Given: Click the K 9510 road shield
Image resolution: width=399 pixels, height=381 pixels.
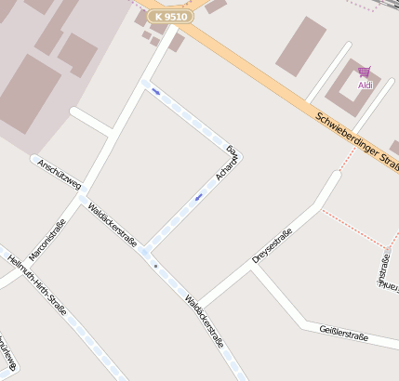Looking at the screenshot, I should tap(171, 17).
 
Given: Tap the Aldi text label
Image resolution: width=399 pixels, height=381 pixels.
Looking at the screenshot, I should tap(366, 85).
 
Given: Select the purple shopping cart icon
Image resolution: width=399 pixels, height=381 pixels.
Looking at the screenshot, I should tap(365, 72).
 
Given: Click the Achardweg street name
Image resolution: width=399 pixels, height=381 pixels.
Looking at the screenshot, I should tap(226, 164).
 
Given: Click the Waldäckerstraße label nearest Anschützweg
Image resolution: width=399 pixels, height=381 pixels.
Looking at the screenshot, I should tap(112, 225).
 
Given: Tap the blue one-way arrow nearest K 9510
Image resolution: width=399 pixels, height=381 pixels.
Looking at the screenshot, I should tap(156, 92).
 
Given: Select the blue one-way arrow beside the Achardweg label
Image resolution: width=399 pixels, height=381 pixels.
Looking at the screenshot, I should tap(199, 196).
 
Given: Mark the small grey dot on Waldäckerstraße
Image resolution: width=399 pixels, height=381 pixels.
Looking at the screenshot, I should tap(155, 267).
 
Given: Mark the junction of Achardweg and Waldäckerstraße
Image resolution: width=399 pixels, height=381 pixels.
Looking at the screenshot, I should tap(144, 250).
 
